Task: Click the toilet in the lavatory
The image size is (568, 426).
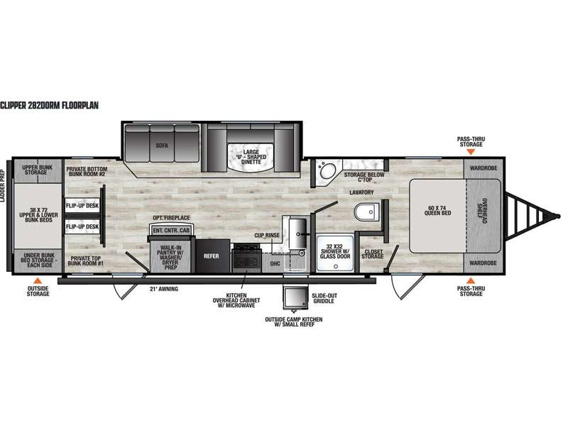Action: click(x=366, y=212)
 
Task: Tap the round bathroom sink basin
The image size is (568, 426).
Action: click(x=328, y=171)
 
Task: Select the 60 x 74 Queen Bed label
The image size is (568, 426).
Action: click(x=437, y=210)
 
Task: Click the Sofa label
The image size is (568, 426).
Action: click(x=162, y=146)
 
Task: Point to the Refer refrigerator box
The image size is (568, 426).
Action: click(x=212, y=256)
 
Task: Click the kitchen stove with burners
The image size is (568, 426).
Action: click(x=246, y=258)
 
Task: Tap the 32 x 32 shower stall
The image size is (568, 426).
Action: click(x=335, y=253)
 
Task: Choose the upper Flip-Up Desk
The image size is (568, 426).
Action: click(x=82, y=206)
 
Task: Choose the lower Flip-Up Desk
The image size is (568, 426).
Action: click(x=82, y=226)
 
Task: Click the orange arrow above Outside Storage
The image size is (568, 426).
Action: click(x=38, y=280)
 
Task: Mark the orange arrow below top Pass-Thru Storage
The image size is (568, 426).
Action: click(x=471, y=152)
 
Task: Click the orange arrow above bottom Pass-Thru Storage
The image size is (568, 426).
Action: click(x=471, y=280)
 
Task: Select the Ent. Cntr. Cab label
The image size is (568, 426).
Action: click(x=171, y=230)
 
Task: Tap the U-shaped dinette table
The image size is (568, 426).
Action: click(x=251, y=156)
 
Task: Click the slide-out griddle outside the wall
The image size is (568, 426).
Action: click(x=296, y=297)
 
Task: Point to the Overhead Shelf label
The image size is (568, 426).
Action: click(x=482, y=210)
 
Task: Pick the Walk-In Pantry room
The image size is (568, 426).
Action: click(x=170, y=256)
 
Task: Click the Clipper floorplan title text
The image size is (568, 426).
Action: click(x=49, y=105)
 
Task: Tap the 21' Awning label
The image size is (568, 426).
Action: click(x=164, y=289)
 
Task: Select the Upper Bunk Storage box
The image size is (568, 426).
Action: click(x=38, y=170)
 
